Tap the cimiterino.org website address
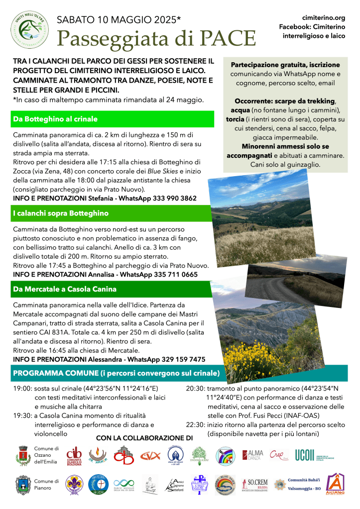click(x=324, y=17)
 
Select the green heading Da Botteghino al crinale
click(x=56, y=119)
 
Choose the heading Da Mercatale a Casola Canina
click(x=65, y=289)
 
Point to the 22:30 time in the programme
click(x=195, y=424)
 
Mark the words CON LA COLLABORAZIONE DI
click(x=144, y=438)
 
